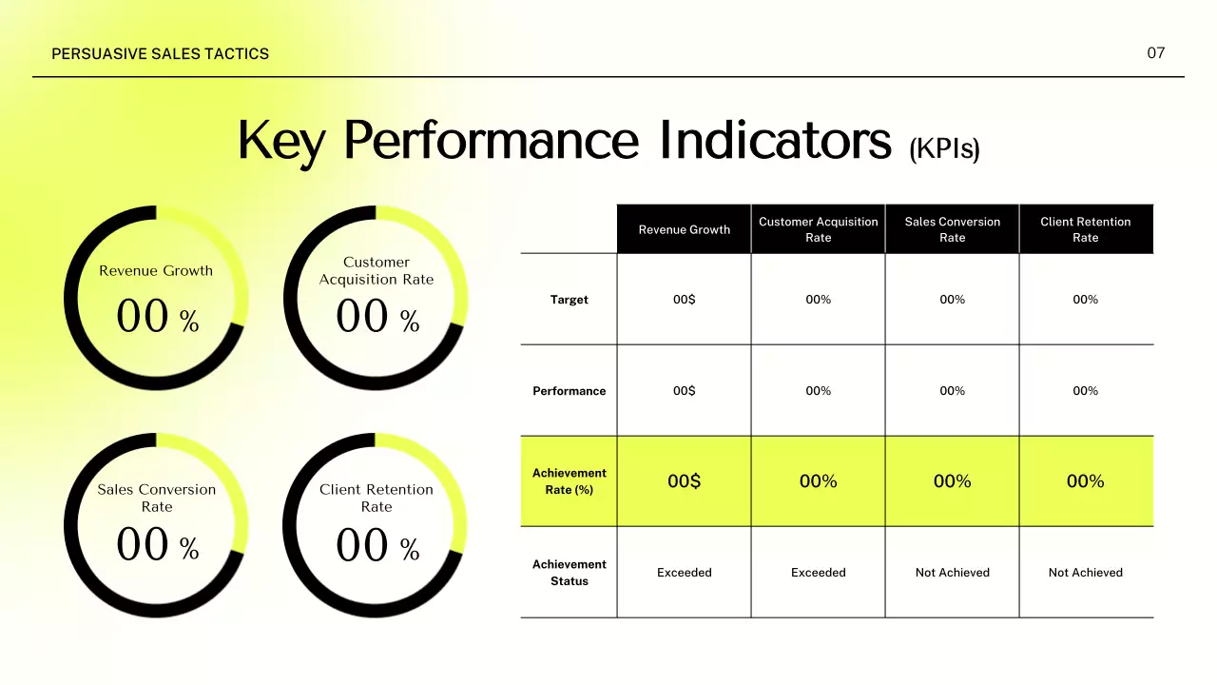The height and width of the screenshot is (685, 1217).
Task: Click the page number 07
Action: coord(1155,53)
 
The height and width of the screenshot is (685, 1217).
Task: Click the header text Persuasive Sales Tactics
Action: coord(160,54)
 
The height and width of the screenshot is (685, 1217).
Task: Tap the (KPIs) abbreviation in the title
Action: coord(943,149)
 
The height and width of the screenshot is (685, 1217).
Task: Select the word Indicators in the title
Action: coord(775,140)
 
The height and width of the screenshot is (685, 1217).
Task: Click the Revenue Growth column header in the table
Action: coord(684,229)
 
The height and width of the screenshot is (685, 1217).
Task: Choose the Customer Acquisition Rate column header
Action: coord(818,229)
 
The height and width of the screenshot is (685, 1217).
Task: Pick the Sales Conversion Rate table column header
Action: coord(952,229)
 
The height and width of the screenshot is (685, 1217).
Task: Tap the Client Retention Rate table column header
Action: coord(1085,229)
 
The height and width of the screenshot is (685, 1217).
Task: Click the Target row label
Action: coord(569,300)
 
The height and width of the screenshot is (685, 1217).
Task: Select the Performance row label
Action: coord(569,391)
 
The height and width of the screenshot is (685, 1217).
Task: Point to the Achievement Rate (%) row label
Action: coord(569,481)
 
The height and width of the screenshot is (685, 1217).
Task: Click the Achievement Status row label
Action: coord(569,573)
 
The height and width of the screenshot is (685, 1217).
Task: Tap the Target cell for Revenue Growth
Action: coord(684,300)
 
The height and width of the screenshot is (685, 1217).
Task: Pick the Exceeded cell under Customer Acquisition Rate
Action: coord(818,573)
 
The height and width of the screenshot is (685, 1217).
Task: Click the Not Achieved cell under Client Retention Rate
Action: coord(1085,573)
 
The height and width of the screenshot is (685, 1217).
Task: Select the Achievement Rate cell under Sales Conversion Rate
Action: coord(952,481)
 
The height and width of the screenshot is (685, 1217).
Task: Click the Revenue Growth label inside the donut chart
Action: coord(156,271)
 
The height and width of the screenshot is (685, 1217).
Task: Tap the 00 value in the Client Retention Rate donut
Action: coord(362,546)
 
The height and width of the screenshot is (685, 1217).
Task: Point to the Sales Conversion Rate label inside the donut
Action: coord(156,498)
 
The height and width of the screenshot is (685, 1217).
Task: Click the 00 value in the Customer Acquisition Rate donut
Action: coord(362,317)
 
